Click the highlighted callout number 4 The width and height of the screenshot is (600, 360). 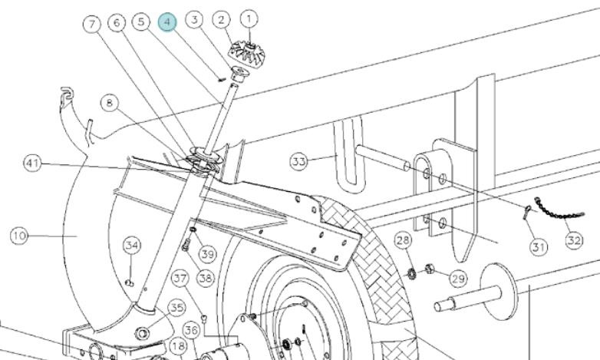(x=167, y=22)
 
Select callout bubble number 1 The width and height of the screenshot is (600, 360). (x=249, y=18)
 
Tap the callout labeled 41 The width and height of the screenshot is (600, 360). (x=32, y=163)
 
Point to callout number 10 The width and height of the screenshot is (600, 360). (x=19, y=236)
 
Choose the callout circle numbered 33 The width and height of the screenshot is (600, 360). (x=299, y=161)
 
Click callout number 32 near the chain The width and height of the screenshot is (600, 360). (x=574, y=240)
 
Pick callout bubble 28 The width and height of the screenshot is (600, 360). (x=403, y=240)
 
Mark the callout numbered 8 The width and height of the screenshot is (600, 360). (x=110, y=103)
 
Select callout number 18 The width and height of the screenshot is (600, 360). (x=178, y=346)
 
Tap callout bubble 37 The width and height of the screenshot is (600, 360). (x=180, y=278)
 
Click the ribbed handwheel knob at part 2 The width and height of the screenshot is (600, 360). (x=246, y=53)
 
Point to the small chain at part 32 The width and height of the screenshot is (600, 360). (x=559, y=209)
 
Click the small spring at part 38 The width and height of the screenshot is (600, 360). (x=186, y=245)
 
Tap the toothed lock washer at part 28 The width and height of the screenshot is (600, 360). (x=412, y=274)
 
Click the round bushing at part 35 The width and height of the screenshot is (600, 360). (x=143, y=334)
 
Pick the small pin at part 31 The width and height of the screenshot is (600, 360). (x=526, y=212)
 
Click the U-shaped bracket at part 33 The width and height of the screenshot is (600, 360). (x=349, y=155)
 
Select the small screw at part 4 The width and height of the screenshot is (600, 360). (x=222, y=79)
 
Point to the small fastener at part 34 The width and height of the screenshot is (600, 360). (x=130, y=283)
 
